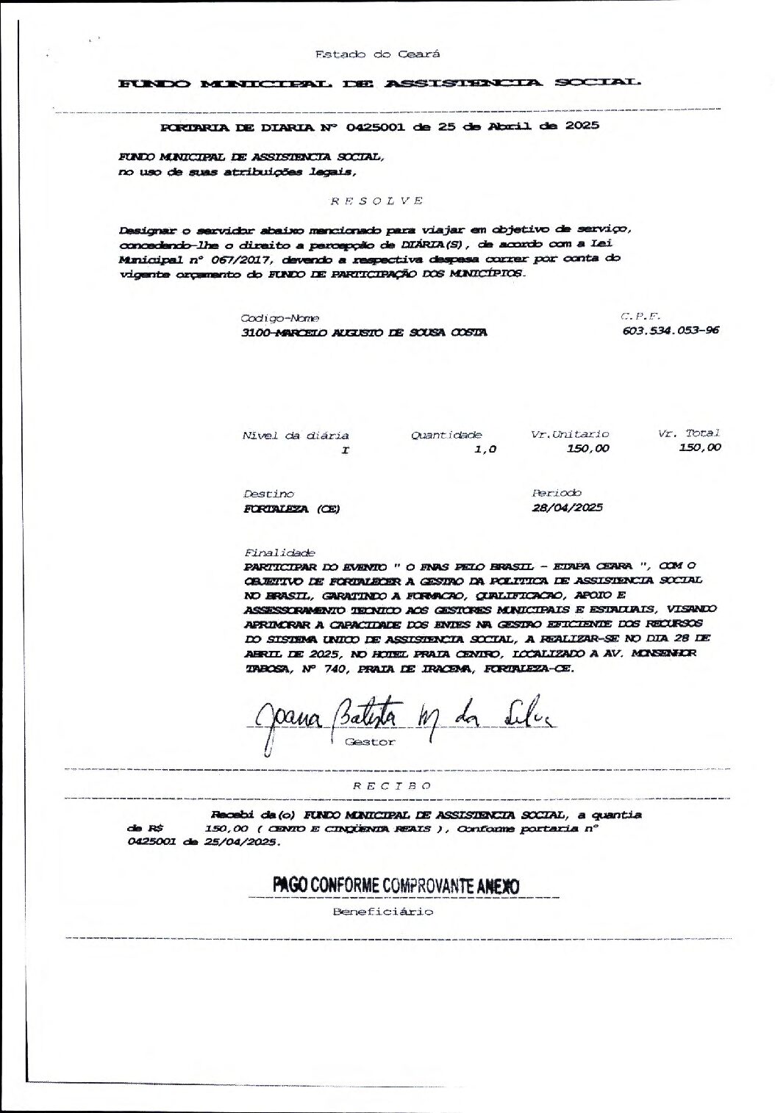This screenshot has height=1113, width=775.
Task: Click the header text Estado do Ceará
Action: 378,54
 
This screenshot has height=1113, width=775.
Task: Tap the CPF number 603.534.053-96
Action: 671,330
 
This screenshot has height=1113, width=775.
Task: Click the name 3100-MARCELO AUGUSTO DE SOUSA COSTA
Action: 364,332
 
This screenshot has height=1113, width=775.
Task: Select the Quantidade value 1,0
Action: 485,448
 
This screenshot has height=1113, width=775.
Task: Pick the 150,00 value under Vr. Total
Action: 700,447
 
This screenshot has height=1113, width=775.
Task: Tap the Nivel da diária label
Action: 296,436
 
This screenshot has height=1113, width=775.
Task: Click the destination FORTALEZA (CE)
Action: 291,508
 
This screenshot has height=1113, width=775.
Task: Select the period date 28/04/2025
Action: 567,508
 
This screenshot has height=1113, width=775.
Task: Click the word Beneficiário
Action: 383,912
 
